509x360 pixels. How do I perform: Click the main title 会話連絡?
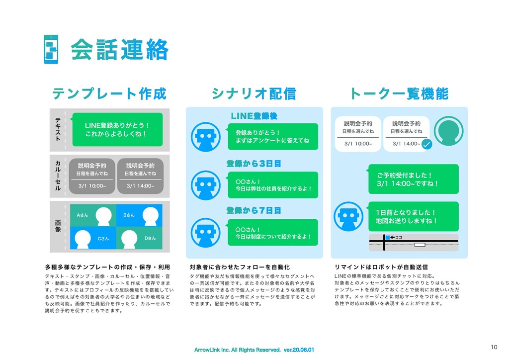click(x=119, y=50)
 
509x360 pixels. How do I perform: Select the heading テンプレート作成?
click(x=109, y=93)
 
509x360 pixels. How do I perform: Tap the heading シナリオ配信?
click(x=254, y=93)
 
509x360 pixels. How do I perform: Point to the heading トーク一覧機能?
click(x=399, y=93)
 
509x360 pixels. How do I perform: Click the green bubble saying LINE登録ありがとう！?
click(x=117, y=129)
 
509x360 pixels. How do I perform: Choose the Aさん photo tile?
click(x=93, y=215)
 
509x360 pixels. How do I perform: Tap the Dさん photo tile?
click(x=140, y=238)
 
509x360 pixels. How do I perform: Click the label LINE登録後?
click(x=254, y=116)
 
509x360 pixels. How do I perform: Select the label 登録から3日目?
click(x=254, y=163)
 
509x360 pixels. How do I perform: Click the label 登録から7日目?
click(x=254, y=210)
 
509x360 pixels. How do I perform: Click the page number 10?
click(x=494, y=347)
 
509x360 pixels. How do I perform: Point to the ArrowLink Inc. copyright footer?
click(x=254, y=350)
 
